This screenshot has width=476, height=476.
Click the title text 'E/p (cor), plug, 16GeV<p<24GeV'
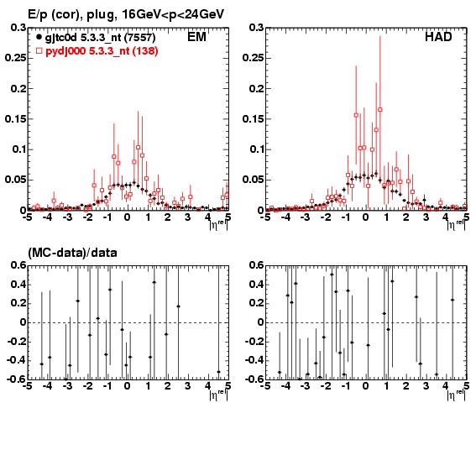tap(126, 14)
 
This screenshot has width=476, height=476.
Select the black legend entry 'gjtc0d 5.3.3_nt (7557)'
tap(100, 37)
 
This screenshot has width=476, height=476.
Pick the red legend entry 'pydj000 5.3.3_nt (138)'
tap(102, 50)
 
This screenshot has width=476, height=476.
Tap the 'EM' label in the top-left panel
tap(196, 37)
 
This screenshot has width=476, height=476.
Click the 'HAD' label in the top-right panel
tap(438, 37)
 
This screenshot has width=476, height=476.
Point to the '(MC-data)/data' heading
tap(72, 253)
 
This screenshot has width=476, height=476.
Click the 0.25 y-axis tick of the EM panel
tap(15, 58)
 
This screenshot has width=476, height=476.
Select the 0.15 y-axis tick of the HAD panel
tap(254, 118)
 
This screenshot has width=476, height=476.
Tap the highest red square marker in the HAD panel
tap(380, 110)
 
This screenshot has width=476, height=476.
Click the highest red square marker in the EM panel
tap(139, 147)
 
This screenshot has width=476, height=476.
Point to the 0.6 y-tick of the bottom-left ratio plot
tap(18, 265)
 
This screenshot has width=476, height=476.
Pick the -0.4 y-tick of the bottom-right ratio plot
tap(253, 361)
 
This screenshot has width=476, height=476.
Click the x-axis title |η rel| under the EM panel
tap(218, 225)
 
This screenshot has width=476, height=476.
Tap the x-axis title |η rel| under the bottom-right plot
tap(456, 395)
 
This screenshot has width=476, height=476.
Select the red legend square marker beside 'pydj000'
tap(39, 50)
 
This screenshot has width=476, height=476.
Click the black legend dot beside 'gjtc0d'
tap(39, 37)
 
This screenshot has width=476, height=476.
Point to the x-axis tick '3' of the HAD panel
tap(426, 217)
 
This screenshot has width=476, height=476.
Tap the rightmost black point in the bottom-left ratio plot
tap(218, 372)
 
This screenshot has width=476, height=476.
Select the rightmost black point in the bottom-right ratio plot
tap(452, 300)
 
